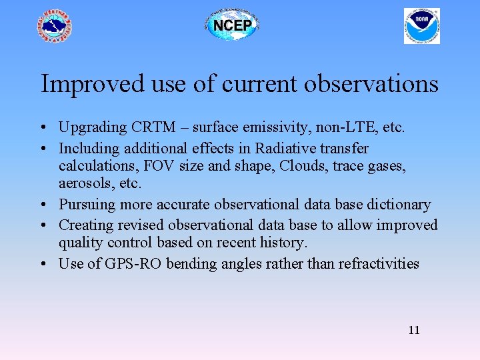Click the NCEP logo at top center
tap(231, 26)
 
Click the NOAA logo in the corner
tap(421, 26)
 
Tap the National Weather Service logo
tap(54, 27)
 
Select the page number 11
tap(413, 331)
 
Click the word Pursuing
tap(84, 204)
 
